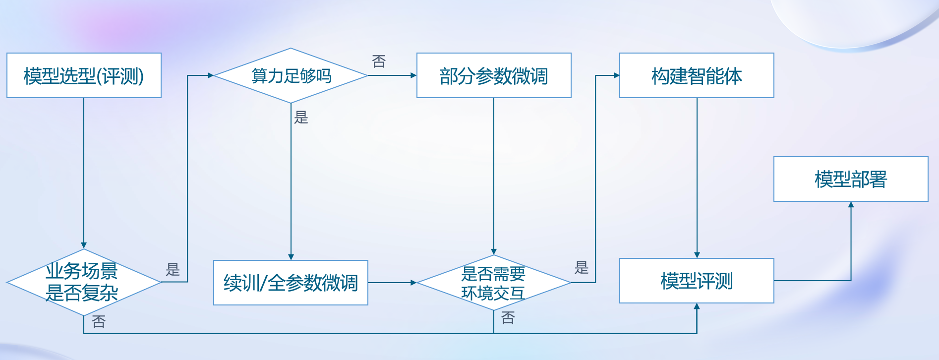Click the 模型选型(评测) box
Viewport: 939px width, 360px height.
(84, 75)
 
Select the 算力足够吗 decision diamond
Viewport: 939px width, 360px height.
(291, 75)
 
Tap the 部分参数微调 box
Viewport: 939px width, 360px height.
(494, 75)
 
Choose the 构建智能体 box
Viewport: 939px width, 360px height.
(697, 75)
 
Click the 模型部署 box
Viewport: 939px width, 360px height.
(851, 179)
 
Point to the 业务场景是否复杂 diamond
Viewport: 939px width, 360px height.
(83, 282)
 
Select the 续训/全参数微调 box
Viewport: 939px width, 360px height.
(291, 283)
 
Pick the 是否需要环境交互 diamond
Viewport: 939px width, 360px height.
(493, 283)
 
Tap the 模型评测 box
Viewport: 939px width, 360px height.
(697, 281)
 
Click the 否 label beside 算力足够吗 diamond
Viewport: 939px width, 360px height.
(379, 61)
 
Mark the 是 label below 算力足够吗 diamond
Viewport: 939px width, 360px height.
(301, 118)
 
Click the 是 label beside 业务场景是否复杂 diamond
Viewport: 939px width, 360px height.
(173, 270)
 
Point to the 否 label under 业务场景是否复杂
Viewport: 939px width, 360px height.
(99, 322)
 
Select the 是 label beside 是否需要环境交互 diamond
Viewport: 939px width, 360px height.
(582, 268)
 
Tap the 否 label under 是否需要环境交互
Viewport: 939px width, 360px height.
(508, 318)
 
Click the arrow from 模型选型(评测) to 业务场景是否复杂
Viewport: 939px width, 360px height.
(84, 174)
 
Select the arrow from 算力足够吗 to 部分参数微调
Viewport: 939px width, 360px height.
(392, 75)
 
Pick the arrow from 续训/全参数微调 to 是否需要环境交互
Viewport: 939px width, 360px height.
(392, 283)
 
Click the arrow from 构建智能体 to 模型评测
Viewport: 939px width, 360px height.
(697, 179)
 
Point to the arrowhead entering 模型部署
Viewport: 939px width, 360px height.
(851, 205)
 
